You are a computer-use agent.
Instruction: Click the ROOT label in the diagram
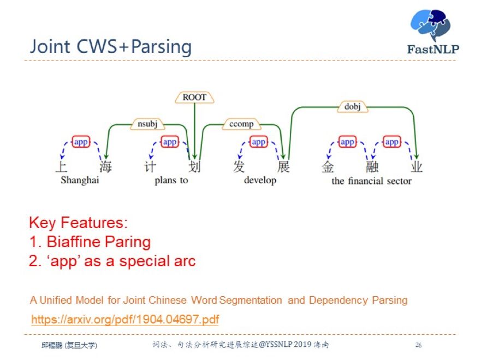[194, 97]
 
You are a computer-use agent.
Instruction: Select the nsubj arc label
[147, 124]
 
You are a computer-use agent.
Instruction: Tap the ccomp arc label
[241, 124]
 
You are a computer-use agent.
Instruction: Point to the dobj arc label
[353, 107]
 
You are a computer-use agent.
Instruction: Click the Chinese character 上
[61, 166]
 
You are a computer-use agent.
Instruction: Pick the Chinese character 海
[105, 166]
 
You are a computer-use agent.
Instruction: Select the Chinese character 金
[328, 166]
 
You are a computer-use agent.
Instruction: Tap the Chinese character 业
[417, 166]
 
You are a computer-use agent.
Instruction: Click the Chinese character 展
[283, 166]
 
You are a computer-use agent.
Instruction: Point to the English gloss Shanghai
[80, 181]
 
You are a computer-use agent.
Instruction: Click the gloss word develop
[260, 181]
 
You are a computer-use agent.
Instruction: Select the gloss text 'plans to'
[171, 181]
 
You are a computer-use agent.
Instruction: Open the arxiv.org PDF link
[125, 319]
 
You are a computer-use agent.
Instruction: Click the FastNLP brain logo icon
[431, 26]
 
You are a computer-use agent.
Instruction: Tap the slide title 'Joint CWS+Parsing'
[111, 47]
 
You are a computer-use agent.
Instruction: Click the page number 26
[418, 345]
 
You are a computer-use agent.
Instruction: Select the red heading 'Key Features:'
[78, 223]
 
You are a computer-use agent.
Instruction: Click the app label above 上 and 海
[81, 142]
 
